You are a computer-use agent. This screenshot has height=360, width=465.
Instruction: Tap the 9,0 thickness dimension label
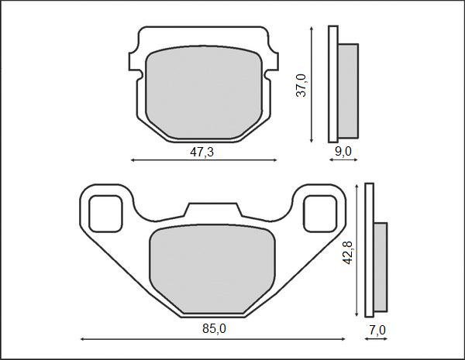coord(343,151)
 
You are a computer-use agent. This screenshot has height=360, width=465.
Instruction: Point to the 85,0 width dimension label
coord(214,329)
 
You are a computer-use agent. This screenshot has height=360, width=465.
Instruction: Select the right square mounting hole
coord(319,213)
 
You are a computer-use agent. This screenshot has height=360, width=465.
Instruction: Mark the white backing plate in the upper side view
coord(333,85)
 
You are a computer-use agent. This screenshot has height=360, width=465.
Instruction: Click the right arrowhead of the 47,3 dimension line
coord(274,160)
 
